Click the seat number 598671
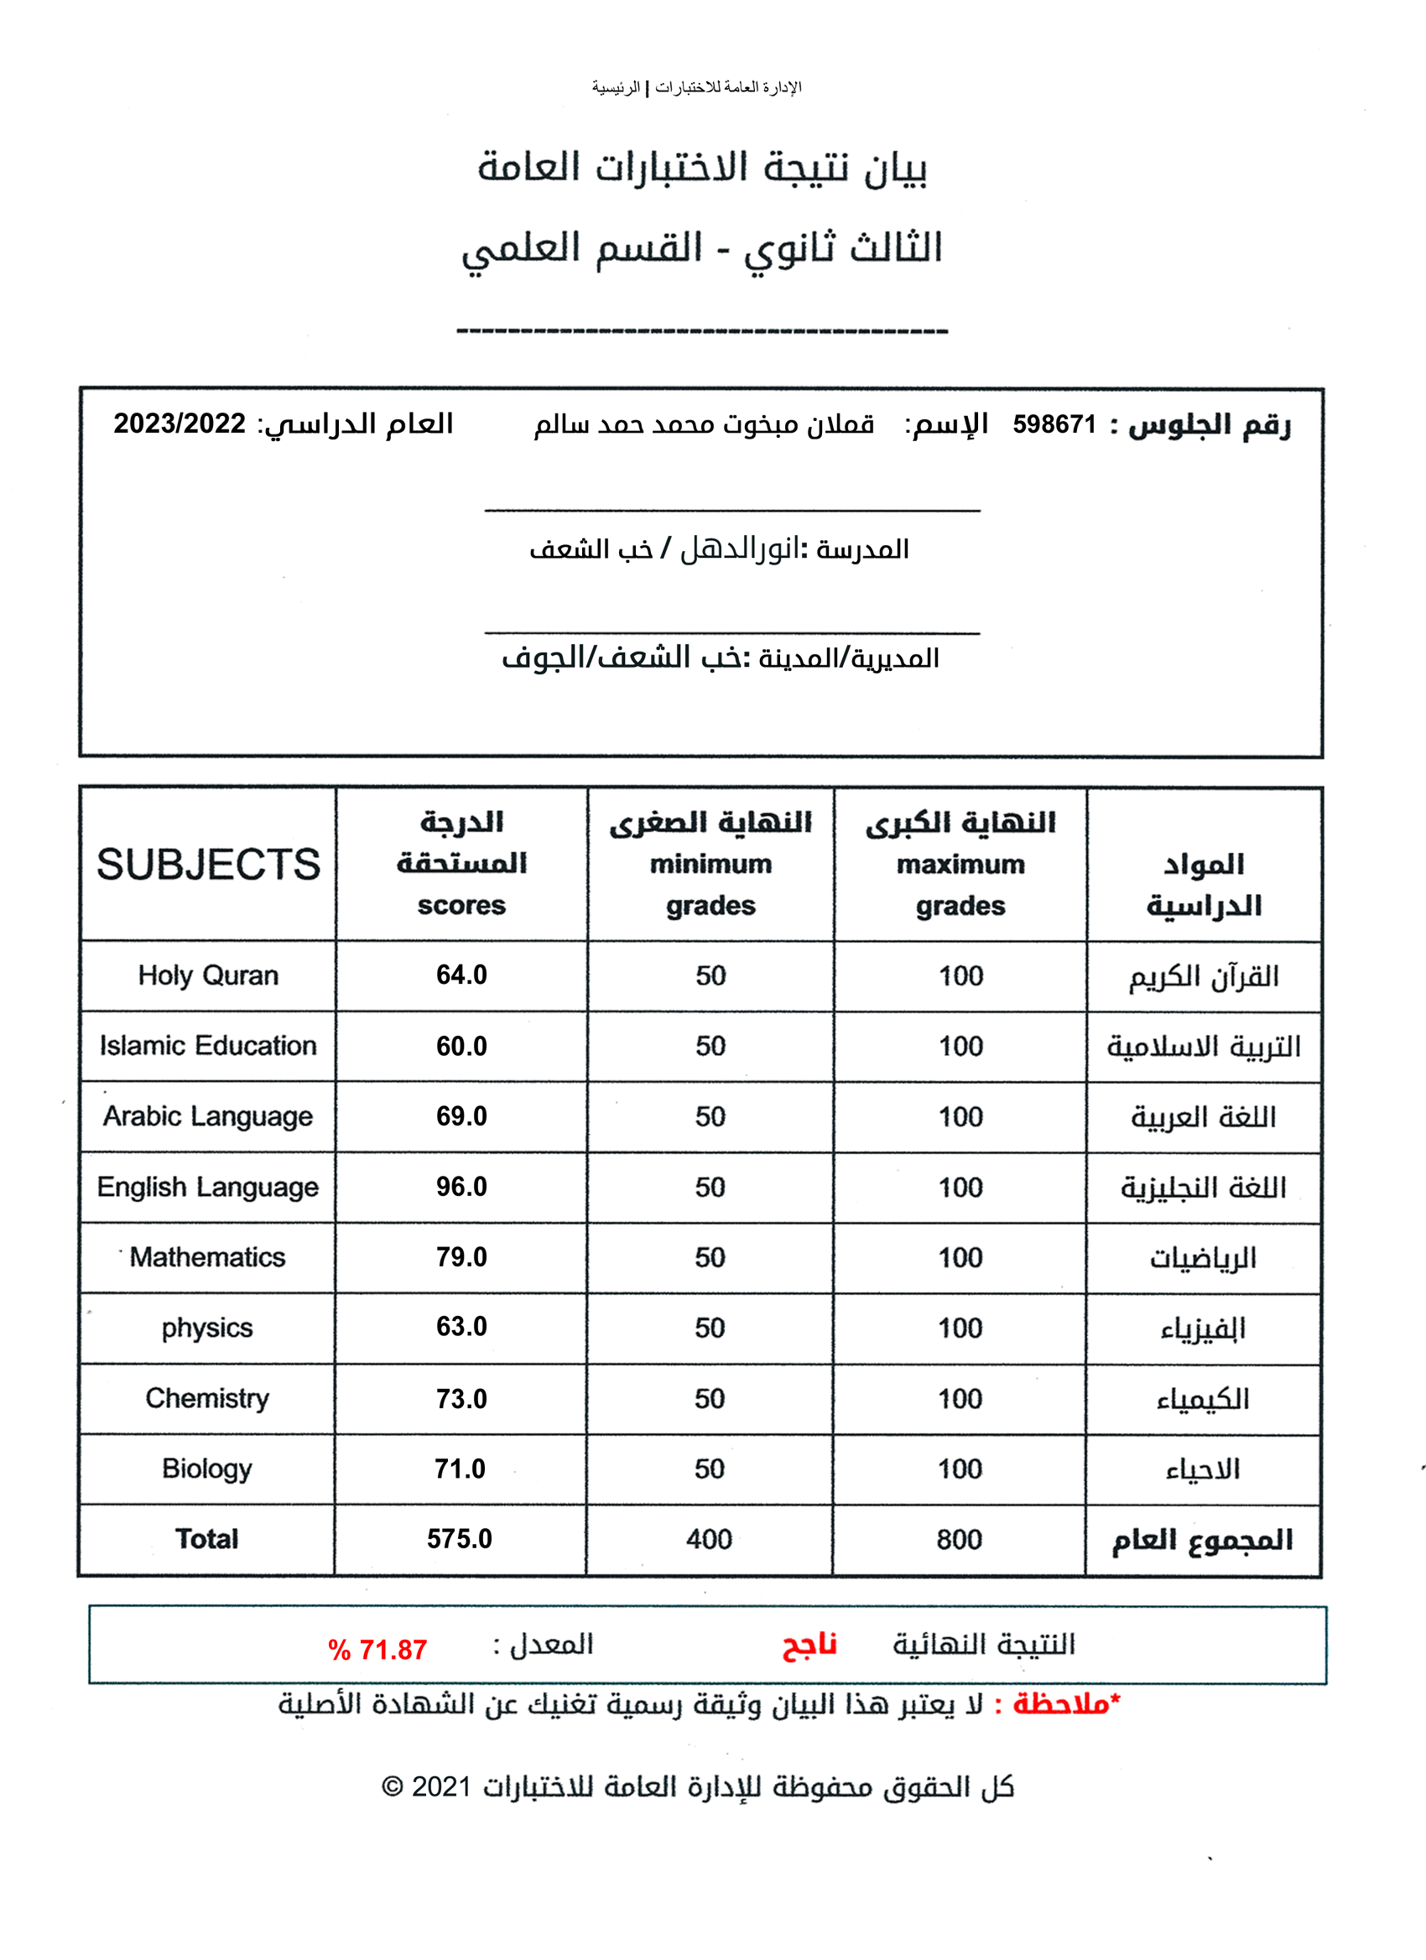1054,424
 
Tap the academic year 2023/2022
180,424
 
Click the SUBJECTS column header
208,864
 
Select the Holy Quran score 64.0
461,975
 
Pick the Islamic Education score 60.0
461,1046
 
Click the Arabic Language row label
207,1115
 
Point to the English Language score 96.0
461,1187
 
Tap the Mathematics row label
207,1256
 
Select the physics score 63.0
461,1327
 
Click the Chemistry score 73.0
461,1398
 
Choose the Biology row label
206,1469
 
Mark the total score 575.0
460,1538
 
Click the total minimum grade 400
709,1539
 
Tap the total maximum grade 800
960,1539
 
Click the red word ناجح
809,1645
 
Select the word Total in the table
206,1538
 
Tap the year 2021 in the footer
440,1786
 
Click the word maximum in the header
960,864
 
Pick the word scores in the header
461,905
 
